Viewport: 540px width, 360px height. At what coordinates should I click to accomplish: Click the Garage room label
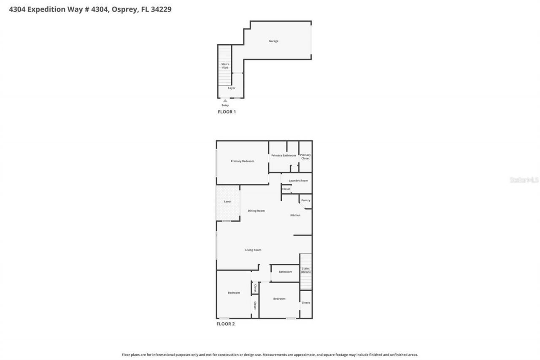273,41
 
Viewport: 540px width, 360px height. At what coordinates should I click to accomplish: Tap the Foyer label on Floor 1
231,88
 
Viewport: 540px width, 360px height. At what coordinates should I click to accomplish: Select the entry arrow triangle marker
225,101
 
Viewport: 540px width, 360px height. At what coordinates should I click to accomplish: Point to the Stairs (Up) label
225,66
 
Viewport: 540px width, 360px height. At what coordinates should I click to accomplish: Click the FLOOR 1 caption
227,112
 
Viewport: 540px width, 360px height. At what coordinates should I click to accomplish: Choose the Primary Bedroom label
242,161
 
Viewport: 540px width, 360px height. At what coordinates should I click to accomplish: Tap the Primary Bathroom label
283,155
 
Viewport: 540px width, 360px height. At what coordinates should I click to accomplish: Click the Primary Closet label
305,157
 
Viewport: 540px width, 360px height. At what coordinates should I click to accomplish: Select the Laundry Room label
298,181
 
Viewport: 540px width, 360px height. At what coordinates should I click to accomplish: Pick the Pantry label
305,200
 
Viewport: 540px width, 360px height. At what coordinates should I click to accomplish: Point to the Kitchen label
295,215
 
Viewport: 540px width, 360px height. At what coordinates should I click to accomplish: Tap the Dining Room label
256,211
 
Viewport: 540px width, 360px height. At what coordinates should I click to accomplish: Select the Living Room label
253,250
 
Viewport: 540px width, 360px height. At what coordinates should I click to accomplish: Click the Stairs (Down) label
306,270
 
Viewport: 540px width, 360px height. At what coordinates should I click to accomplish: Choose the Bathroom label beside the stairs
285,272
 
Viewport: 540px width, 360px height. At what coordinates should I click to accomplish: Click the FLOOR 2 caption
225,324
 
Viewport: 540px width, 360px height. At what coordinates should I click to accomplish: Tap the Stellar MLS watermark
524,180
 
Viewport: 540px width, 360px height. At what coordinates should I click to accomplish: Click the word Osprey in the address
125,9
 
